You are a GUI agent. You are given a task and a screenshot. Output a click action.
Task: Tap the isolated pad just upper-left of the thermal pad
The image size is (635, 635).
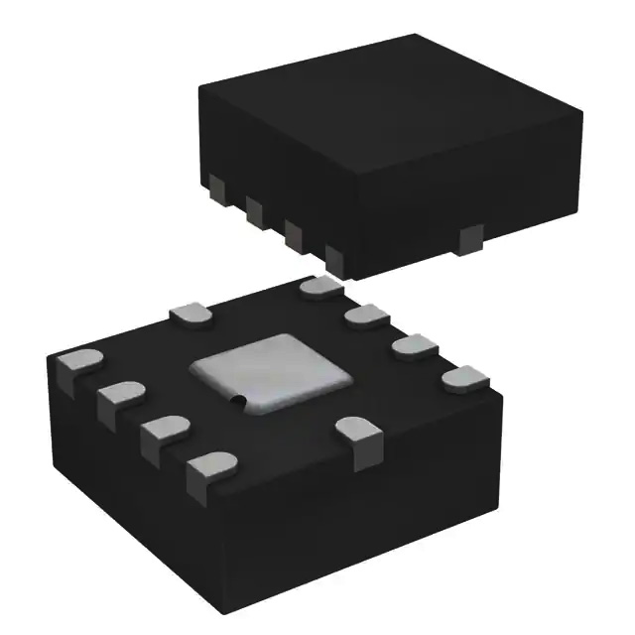(x=193, y=316)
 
